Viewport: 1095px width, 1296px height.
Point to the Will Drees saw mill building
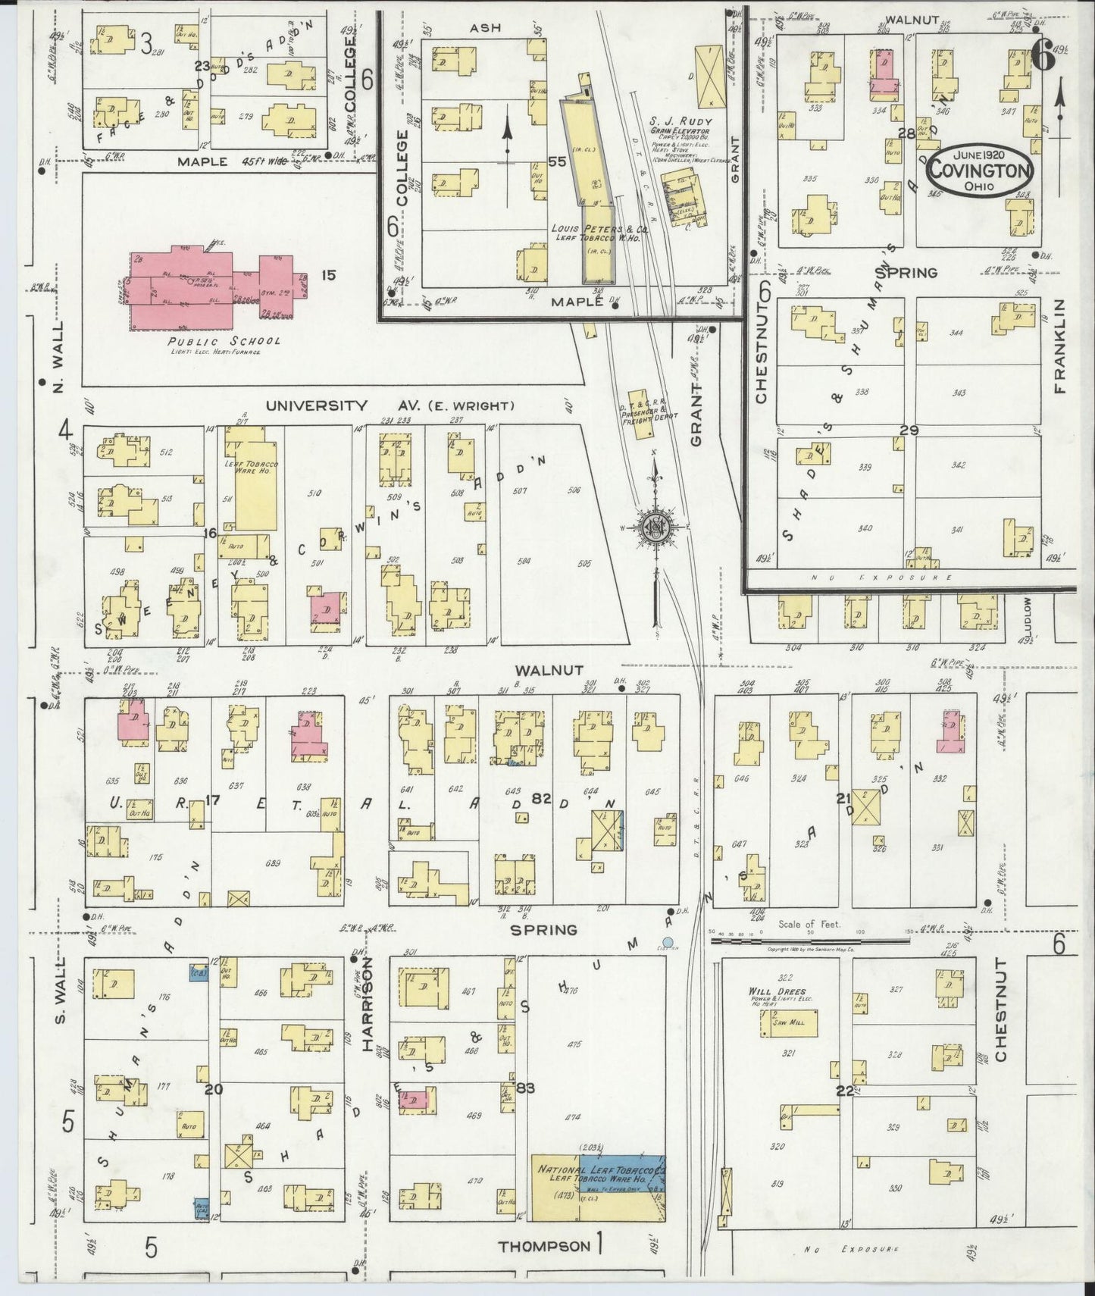(x=788, y=1023)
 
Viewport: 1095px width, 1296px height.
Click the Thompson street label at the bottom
(x=545, y=1245)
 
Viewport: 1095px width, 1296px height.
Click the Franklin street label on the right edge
(x=1059, y=346)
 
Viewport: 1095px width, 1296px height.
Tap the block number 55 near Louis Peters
(x=558, y=161)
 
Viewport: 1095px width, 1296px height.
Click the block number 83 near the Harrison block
(x=525, y=1088)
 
